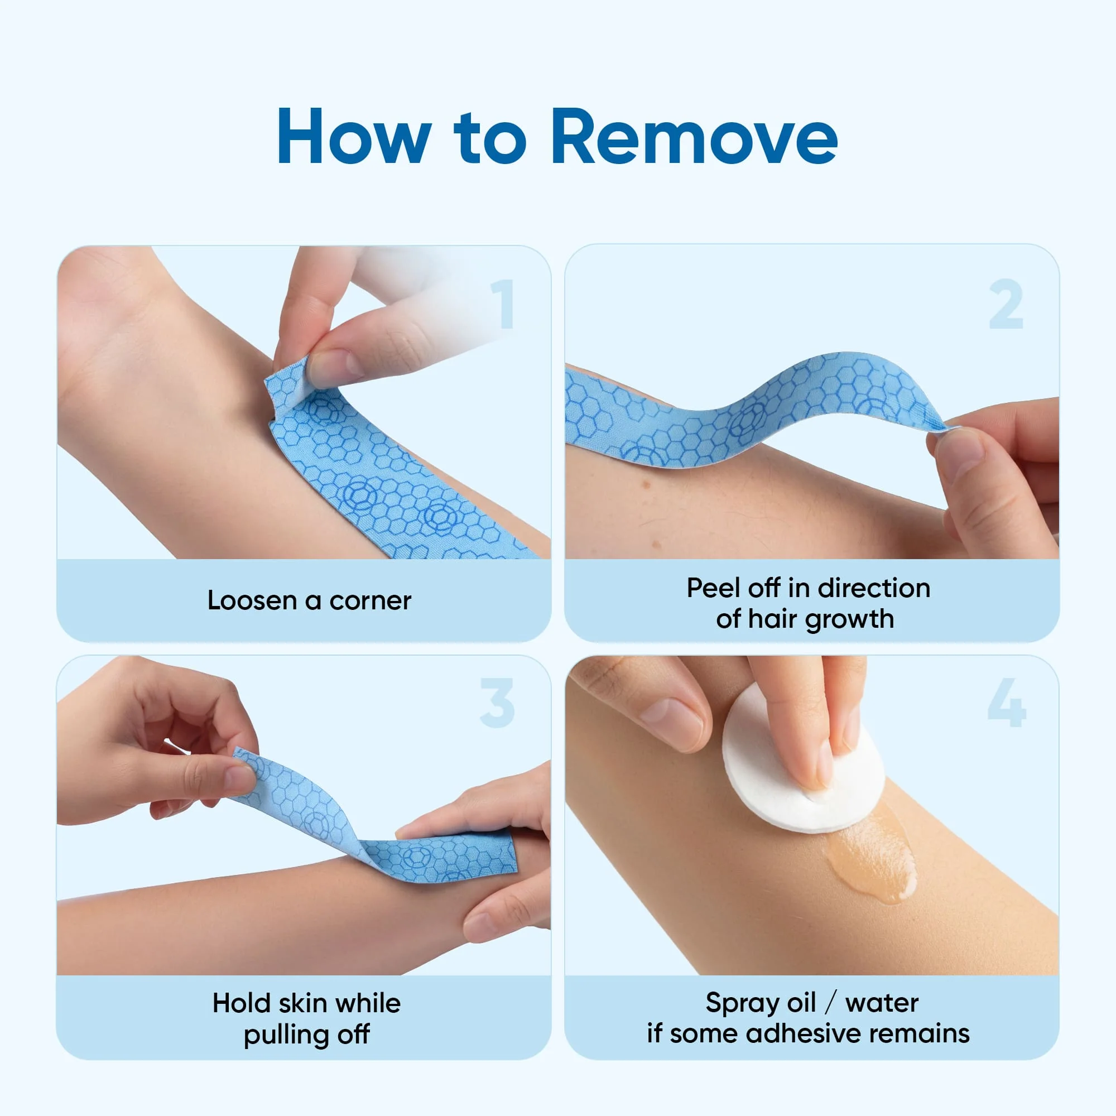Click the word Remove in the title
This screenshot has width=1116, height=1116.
click(694, 137)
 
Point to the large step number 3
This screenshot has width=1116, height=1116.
click(497, 703)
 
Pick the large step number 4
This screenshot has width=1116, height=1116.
click(1006, 703)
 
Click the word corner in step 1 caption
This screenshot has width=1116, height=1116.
click(371, 601)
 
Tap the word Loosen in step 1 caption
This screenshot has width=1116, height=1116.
click(252, 601)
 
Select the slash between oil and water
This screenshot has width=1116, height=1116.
click(830, 1003)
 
